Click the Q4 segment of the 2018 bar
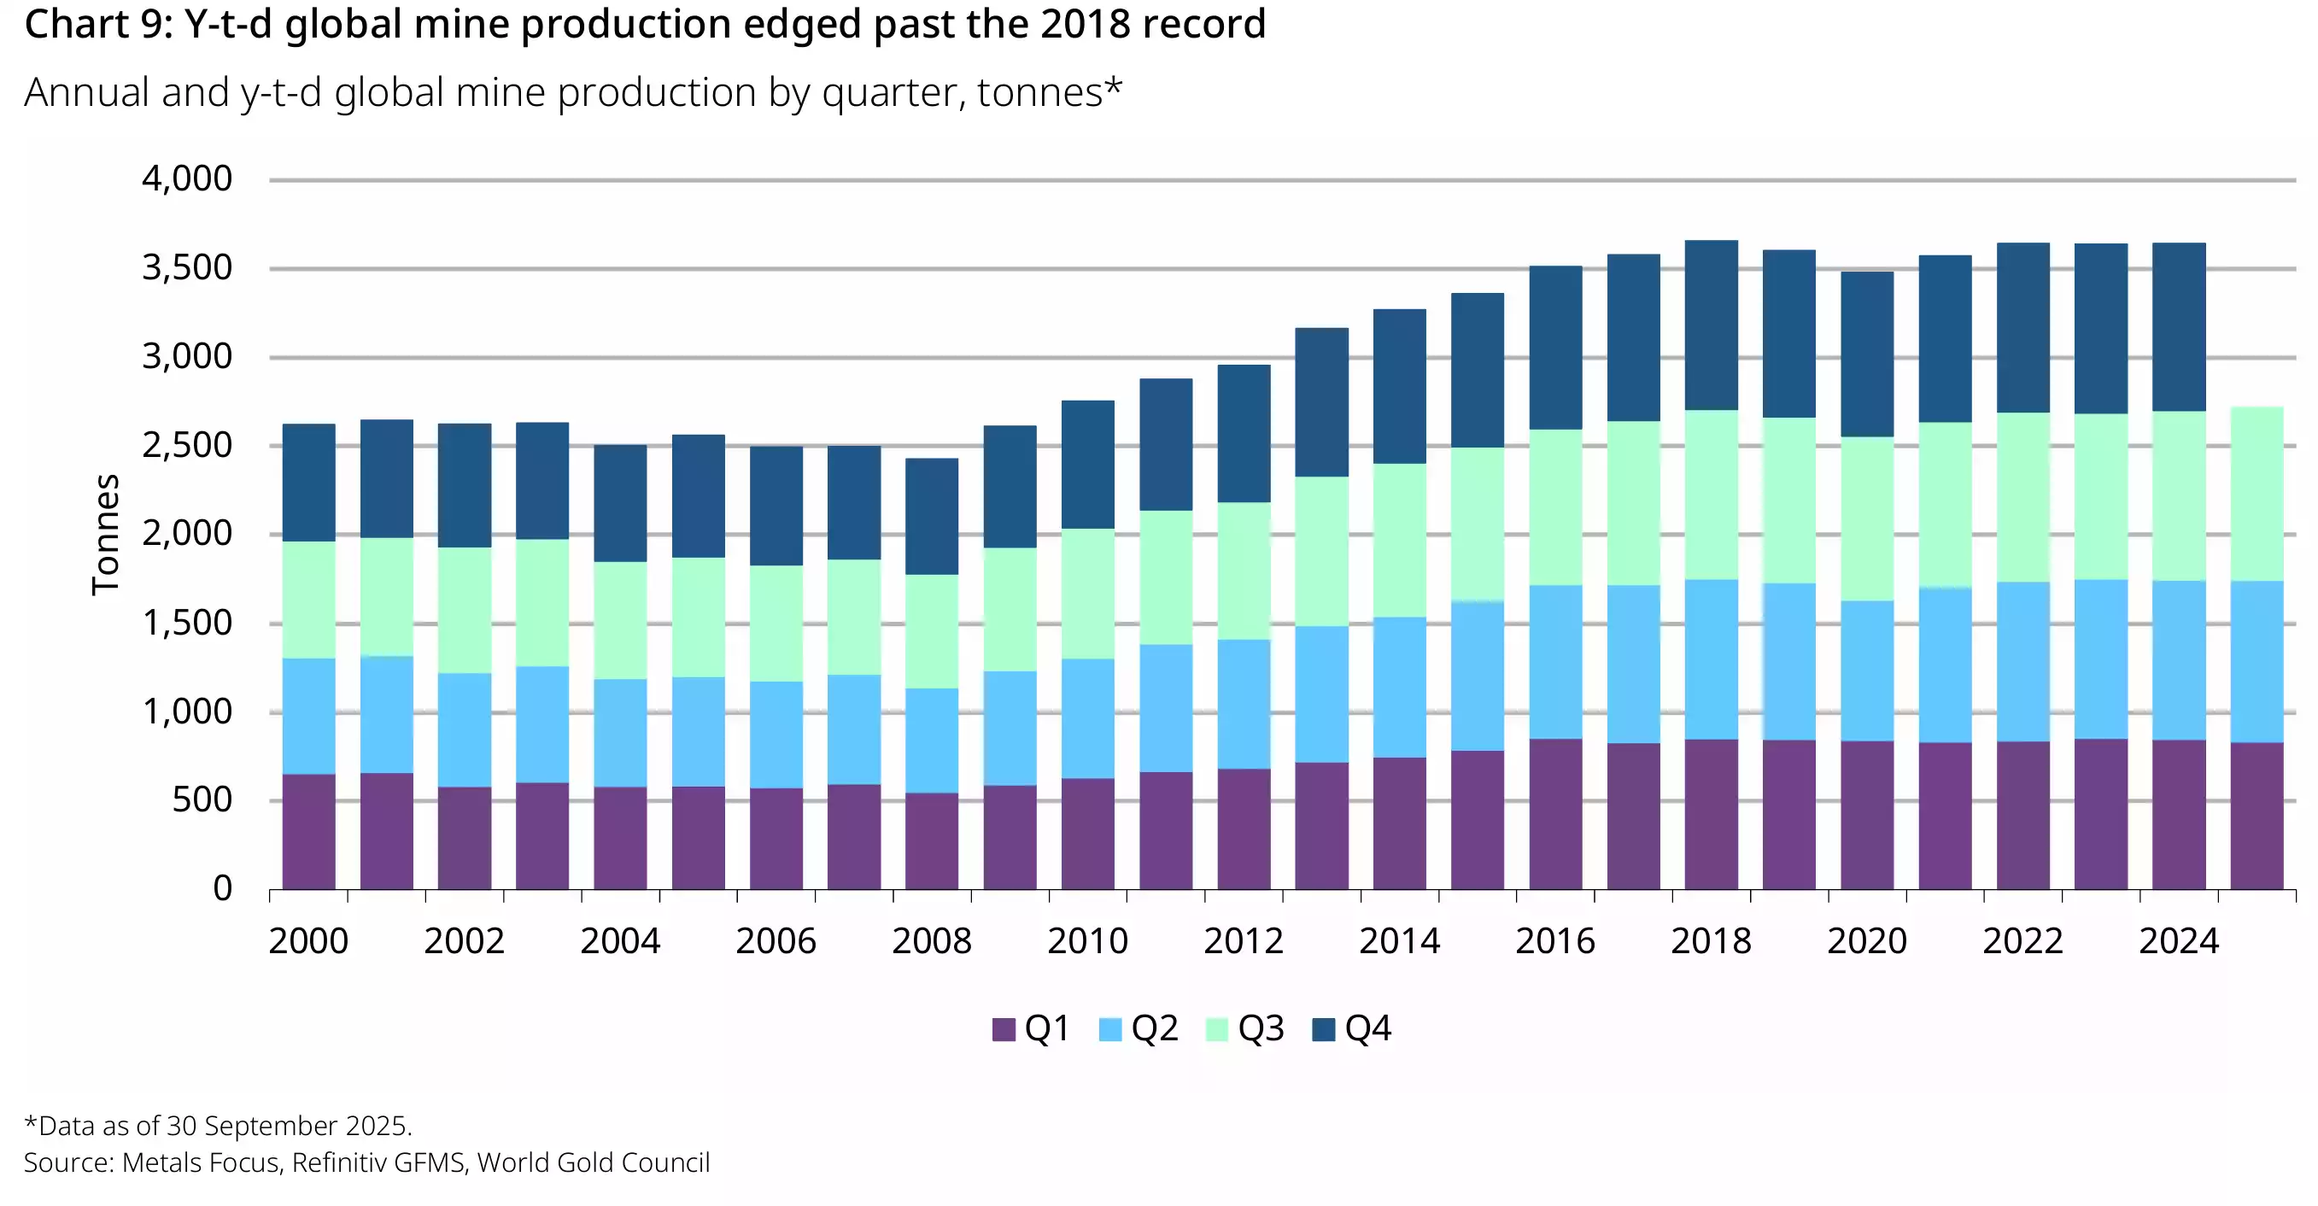tap(1711, 325)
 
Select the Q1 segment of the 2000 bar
tap(308, 832)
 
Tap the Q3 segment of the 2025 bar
tap(2257, 494)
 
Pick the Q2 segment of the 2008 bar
tap(931, 741)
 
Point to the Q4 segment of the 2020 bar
tap(1866, 354)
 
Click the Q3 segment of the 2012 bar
tap(1244, 571)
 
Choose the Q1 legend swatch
tap(1004, 1029)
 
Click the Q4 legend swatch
tap(1324, 1029)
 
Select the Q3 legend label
tap(1261, 1028)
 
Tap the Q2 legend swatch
tap(1110, 1029)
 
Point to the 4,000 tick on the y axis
tap(187, 179)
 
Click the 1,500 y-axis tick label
tap(187, 623)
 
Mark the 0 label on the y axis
tap(222, 889)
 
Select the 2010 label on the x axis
tap(1087, 941)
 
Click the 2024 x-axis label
tap(2179, 941)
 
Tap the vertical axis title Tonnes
tap(105, 535)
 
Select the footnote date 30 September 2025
tap(287, 1126)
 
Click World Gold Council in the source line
tap(593, 1162)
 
